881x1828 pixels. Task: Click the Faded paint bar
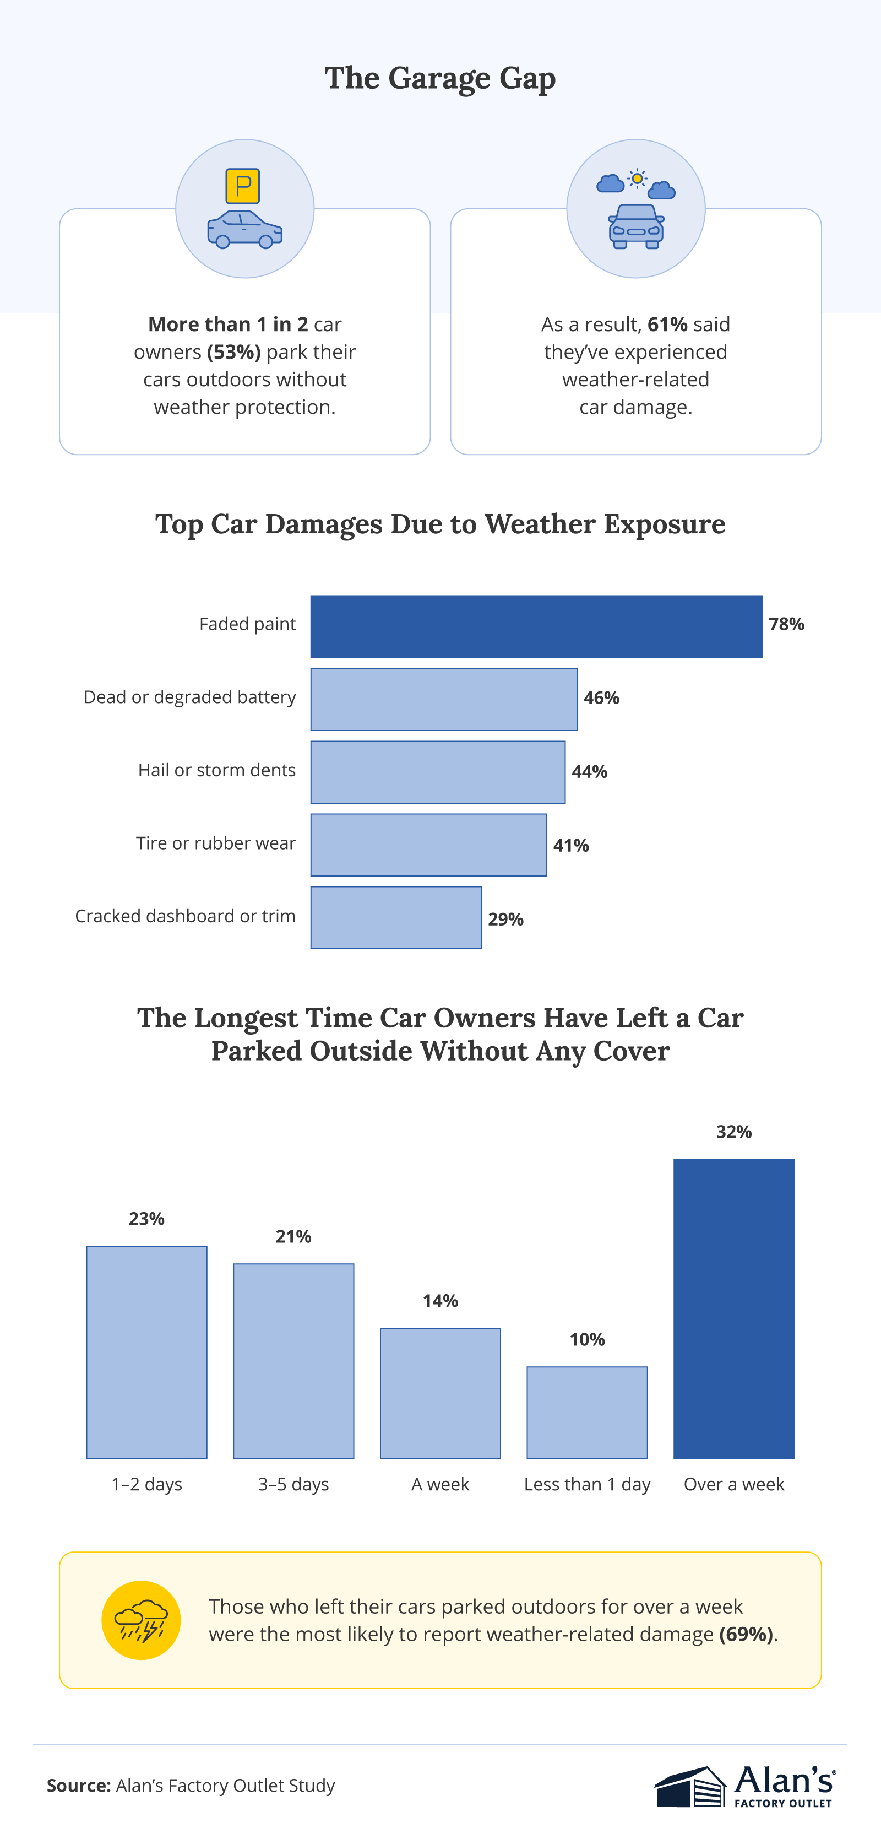(536, 626)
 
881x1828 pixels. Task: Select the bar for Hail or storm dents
(438, 772)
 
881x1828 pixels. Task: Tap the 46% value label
(601, 698)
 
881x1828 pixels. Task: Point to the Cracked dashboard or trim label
(185, 916)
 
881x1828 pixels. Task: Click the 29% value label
(505, 920)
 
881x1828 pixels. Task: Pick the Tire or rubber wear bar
(428, 845)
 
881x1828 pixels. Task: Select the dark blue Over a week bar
(733, 1308)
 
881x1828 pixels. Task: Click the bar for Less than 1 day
(586, 1412)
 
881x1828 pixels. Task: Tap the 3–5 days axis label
(293, 1485)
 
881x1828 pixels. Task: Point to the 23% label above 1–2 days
(147, 1219)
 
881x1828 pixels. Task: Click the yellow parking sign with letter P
(243, 186)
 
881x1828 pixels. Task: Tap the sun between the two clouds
(637, 179)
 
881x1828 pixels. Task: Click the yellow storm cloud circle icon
(141, 1620)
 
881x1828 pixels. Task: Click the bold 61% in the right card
(667, 325)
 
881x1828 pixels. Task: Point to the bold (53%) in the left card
(234, 352)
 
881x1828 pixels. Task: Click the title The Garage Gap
(440, 78)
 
